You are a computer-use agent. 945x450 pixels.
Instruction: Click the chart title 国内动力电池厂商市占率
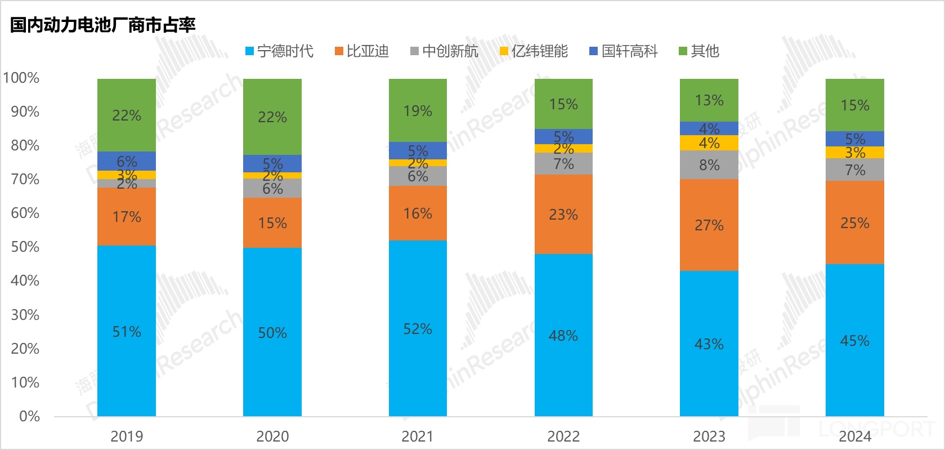[103, 25]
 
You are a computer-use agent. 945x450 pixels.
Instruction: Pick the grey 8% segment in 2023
[709, 165]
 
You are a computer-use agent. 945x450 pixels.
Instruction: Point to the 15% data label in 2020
[272, 224]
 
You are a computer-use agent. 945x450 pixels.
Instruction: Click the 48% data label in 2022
[563, 336]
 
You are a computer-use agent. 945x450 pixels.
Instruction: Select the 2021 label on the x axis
[418, 436]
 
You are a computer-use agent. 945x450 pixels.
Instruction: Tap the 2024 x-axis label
[854, 436]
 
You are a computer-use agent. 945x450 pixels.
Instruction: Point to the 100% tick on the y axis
[21, 78]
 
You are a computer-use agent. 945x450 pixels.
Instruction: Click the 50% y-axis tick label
[25, 247]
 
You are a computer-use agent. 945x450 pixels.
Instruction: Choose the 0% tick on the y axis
[29, 417]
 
